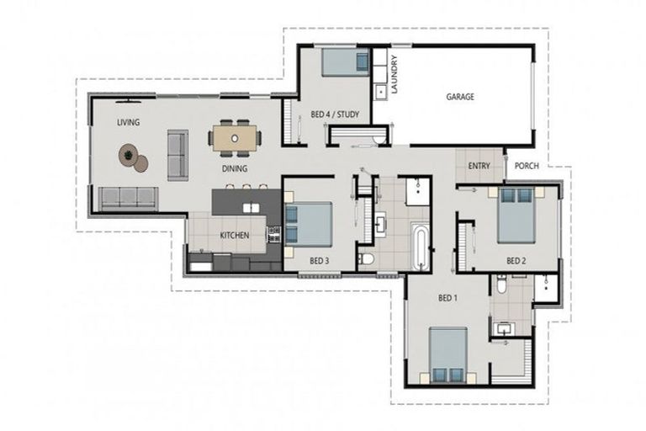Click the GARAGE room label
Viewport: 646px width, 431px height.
pos(460,97)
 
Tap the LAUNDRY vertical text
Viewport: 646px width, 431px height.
pos(394,75)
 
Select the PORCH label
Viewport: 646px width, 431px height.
pos(527,166)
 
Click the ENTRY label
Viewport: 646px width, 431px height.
pos(479,166)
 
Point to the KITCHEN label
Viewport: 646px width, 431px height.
pos(235,236)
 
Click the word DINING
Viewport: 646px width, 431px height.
pos(235,168)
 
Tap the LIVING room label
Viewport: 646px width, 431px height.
pos(128,123)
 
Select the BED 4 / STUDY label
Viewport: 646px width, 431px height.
pos(335,114)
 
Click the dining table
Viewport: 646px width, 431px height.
pos(235,138)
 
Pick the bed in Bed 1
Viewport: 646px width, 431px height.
pos(448,354)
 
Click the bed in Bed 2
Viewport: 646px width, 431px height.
pos(516,215)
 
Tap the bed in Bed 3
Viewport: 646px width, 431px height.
pos(308,224)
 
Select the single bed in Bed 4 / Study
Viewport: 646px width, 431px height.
pos(345,62)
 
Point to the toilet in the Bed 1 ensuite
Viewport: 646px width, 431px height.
pos(501,285)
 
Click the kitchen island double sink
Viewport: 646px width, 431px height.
pos(251,208)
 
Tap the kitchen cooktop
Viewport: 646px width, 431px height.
pos(274,234)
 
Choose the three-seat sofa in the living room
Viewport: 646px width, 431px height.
pos(128,199)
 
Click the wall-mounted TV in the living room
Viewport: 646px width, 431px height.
pos(128,100)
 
